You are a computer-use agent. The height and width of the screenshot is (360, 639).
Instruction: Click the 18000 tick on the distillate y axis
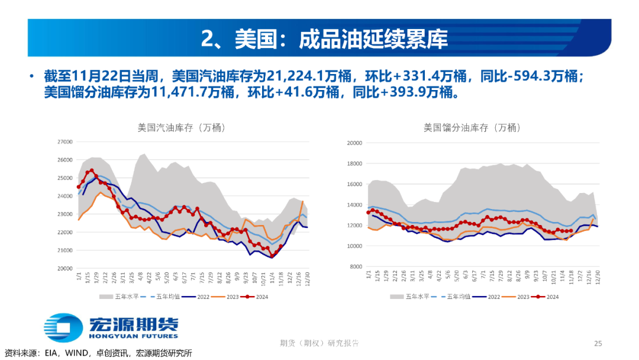coord(354,163)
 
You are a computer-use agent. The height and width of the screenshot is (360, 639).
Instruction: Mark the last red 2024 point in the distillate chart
coord(571,231)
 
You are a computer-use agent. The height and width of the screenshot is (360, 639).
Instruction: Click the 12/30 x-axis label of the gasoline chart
coord(306,278)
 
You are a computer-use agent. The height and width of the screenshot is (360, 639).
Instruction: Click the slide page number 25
coord(598,343)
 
